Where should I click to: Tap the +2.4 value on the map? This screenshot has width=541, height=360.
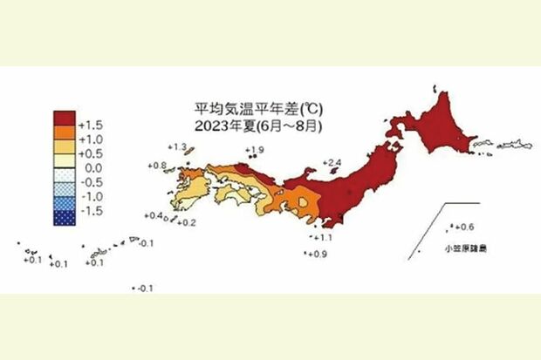[332, 162]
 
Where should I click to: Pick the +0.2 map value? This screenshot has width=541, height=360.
[187, 223]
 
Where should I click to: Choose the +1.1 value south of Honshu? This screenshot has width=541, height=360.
[323, 237]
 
